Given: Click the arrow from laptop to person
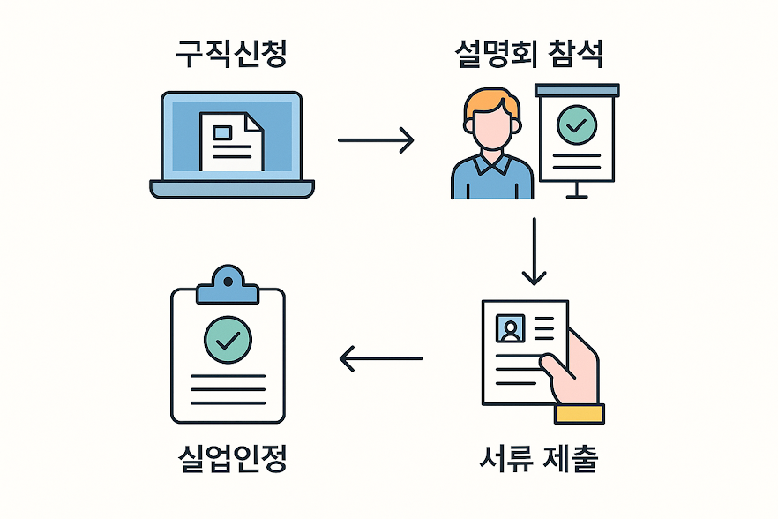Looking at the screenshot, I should click(376, 139).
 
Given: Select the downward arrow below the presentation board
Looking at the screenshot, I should click(535, 252).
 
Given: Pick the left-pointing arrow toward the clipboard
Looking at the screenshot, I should click(381, 358).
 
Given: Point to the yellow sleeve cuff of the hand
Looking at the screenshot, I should click(580, 414).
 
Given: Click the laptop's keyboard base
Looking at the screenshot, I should click(231, 188).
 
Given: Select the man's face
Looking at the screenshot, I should click(491, 128).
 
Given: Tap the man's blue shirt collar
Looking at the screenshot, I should click(491, 162).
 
